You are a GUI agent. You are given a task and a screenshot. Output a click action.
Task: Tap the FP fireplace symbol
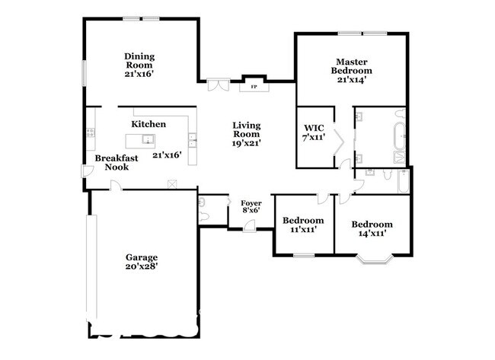coord(253,87)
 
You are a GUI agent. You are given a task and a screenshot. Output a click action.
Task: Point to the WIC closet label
coord(315,127)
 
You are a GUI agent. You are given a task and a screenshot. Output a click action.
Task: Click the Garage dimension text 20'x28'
coord(142,266)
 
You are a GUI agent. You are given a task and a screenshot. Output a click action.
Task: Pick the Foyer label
coord(251,203)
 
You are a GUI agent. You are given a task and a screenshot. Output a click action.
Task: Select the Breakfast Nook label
coord(111,163)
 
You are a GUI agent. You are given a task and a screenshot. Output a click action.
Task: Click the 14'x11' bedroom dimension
coord(372,234)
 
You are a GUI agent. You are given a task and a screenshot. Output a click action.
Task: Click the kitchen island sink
coord(150,139)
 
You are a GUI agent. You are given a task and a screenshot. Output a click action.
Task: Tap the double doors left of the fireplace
coord(218,84)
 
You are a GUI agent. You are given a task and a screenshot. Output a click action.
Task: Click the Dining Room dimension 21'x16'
coord(140,75)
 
